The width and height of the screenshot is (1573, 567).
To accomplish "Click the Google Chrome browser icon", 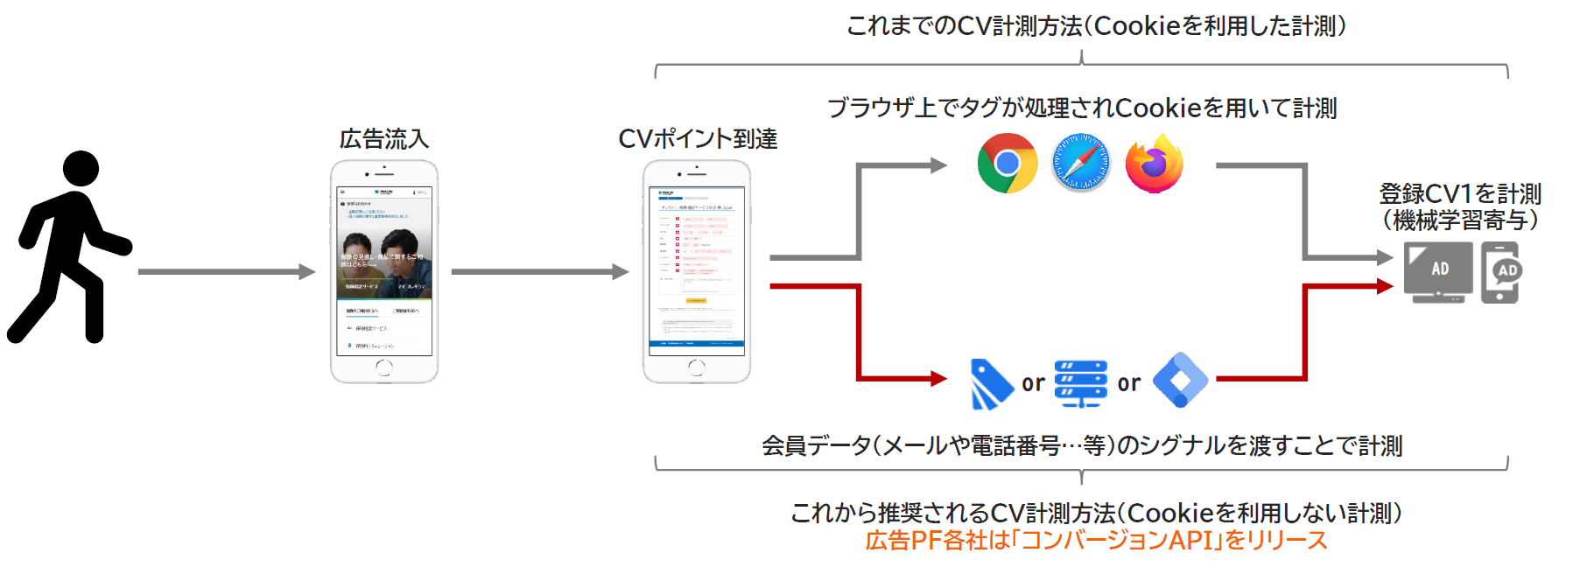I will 1007,163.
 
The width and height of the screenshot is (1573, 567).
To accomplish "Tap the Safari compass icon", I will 1080,163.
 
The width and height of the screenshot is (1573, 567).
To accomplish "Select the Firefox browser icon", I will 1154,164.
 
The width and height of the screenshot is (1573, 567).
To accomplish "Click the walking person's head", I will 81,168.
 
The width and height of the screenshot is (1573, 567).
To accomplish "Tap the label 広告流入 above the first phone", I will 383,138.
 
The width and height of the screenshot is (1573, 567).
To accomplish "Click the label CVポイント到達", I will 697,138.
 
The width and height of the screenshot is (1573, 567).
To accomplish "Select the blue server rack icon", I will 1080,383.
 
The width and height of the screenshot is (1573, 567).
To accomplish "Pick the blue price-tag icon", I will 991,383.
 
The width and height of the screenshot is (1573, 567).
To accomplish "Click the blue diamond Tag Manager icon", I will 1180,380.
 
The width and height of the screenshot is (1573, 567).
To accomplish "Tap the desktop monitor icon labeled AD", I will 1437,271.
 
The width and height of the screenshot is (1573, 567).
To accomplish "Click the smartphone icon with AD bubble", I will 1500,272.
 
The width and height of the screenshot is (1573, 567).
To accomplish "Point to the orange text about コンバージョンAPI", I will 1096,540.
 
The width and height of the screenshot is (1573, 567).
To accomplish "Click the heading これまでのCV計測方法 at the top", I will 1096,26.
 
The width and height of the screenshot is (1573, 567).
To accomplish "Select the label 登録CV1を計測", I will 1460,193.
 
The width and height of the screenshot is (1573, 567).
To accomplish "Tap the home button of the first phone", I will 383,368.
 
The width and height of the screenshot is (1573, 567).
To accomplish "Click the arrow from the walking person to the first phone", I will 226,272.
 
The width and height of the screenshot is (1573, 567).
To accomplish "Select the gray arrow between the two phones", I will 539,272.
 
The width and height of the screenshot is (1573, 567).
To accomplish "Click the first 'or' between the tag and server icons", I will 1033,383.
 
